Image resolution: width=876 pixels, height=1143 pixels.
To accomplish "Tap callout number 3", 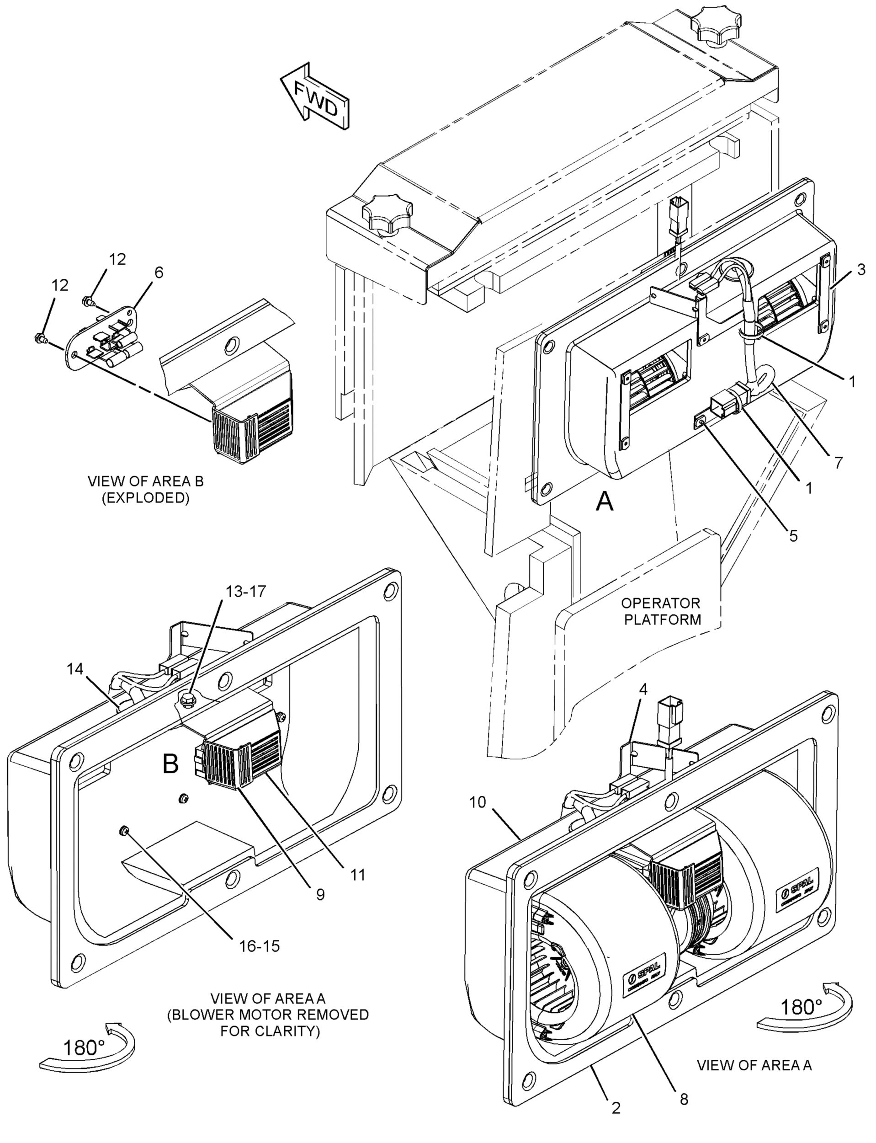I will tap(861, 270).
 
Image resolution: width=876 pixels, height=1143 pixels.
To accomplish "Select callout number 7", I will tap(838, 462).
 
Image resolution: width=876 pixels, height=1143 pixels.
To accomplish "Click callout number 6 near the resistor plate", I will tap(159, 272).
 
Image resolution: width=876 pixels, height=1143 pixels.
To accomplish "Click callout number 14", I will tap(75, 669).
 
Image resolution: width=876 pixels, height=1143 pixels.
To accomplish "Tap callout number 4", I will tap(643, 689).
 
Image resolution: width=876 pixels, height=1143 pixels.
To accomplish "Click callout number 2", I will tap(616, 1119).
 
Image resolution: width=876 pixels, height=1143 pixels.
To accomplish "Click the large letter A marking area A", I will tap(605, 502).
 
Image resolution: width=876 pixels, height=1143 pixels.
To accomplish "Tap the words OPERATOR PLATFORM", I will tap(660, 611).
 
